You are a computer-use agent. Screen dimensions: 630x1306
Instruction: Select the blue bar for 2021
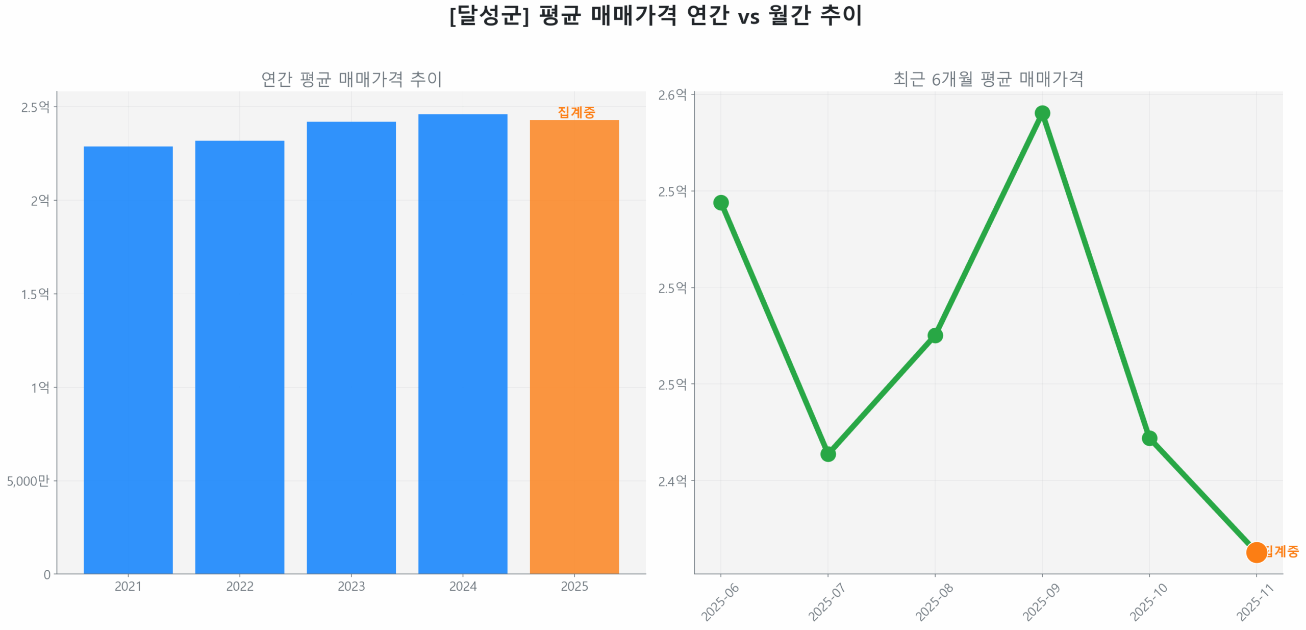pyautogui.click(x=128, y=359)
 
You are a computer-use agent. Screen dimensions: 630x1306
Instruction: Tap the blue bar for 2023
pyautogui.click(x=351, y=347)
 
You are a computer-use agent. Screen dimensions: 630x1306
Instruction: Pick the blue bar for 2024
pyautogui.click(x=462, y=343)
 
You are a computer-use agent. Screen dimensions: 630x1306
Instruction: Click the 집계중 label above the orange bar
pyautogui.click(x=576, y=112)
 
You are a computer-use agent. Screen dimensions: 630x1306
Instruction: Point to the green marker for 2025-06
pyautogui.click(x=720, y=203)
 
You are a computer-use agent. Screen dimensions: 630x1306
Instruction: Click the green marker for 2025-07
pyautogui.click(x=827, y=453)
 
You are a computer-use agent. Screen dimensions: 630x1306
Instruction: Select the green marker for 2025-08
pyautogui.click(x=935, y=335)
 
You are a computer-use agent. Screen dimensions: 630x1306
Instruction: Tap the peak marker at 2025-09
pyautogui.click(x=1042, y=113)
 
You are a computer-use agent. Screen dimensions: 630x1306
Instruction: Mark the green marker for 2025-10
pyautogui.click(x=1149, y=438)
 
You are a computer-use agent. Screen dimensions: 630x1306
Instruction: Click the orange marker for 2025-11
pyautogui.click(x=1255, y=552)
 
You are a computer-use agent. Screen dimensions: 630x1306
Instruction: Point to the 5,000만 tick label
pyautogui.click(x=28, y=480)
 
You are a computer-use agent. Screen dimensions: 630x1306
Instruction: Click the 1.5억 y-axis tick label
pyautogui.click(x=35, y=294)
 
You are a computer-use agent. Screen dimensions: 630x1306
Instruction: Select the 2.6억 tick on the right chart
pyautogui.click(x=672, y=95)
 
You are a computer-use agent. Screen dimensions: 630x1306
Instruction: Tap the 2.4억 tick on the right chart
pyautogui.click(x=672, y=481)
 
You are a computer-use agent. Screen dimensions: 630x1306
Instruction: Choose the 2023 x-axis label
pyautogui.click(x=351, y=586)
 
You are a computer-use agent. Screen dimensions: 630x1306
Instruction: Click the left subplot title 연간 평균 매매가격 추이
pyautogui.click(x=351, y=79)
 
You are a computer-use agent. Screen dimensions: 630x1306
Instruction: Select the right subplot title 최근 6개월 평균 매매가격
pyautogui.click(x=988, y=79)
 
